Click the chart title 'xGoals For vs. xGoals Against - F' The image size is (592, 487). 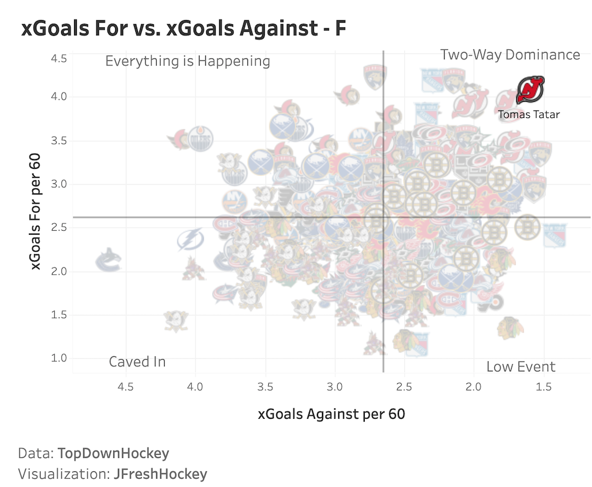click(x=184, y=28)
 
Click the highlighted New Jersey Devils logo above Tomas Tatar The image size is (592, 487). click(x=530, y=90)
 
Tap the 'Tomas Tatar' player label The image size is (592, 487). click(x=528, y=115)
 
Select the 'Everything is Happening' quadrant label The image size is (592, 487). click(x=187, y=61)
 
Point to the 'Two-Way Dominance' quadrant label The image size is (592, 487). click(x=510, y=55)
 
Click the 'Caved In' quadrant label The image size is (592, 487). click(x=137, y=362)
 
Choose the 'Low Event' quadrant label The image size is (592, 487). click(x=520, y=367)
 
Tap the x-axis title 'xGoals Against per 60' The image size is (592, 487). click(x=331, y=414)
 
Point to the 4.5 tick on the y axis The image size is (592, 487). click(x=60, y=59)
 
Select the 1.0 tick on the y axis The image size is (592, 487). click(x=60, y=358)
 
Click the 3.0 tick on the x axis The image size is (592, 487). click(x=335, y=386)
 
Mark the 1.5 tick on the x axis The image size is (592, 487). click(x=544, y=386)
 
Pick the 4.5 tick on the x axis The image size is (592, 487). click(x=125, y=386)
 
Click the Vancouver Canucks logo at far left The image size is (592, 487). click(x=108, y=260)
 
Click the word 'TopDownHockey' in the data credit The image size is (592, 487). click(x=113, y=453)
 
